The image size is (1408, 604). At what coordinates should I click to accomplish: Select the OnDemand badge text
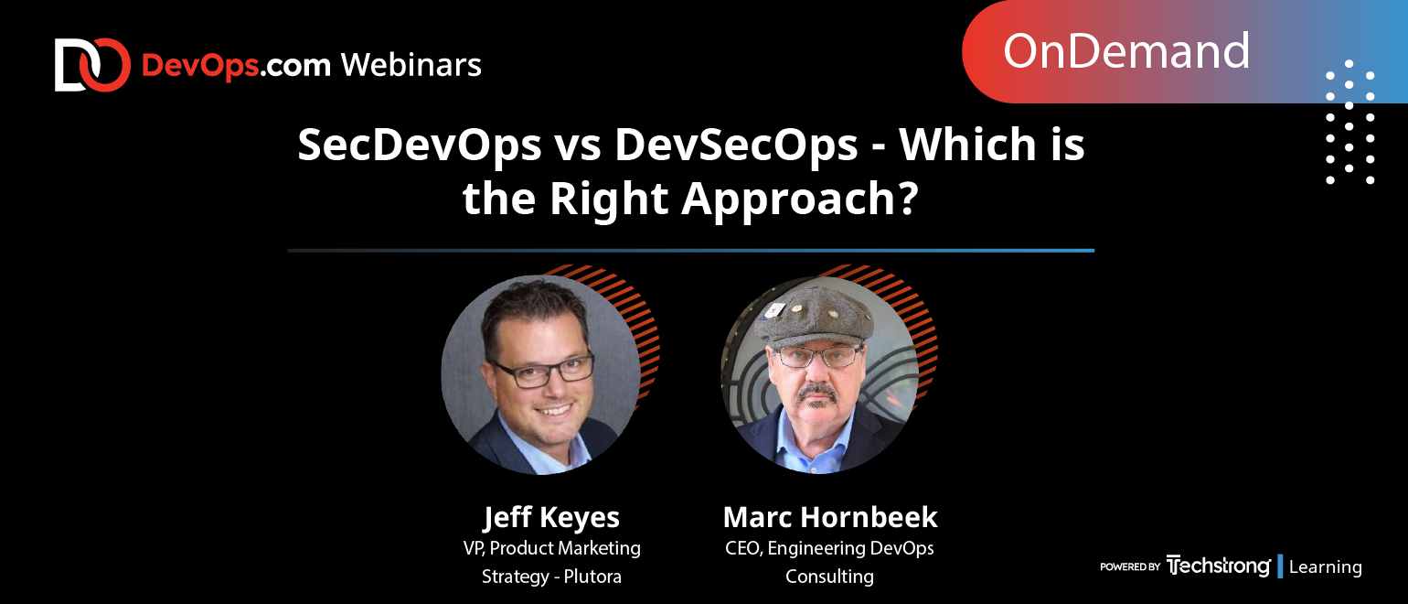point(1125,51)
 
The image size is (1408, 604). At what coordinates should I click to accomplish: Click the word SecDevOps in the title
point(419,146)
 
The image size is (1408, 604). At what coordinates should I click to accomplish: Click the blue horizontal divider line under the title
point(690,250)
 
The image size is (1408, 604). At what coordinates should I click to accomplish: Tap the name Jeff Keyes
point(551,517)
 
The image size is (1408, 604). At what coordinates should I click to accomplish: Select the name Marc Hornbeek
point(830,517)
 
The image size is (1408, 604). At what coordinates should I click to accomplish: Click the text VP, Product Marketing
point(551,548)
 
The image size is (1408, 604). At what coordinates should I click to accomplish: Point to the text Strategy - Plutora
point(551,577)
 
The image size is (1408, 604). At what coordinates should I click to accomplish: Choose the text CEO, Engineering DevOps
point(830,548)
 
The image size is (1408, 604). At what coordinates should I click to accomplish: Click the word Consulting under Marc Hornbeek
point(830,577)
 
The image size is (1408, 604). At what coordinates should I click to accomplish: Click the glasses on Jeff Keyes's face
point(542,369)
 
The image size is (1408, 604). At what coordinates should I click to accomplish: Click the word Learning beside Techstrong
point(1325,567)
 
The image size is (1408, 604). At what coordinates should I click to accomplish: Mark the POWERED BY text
point(1130,567)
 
